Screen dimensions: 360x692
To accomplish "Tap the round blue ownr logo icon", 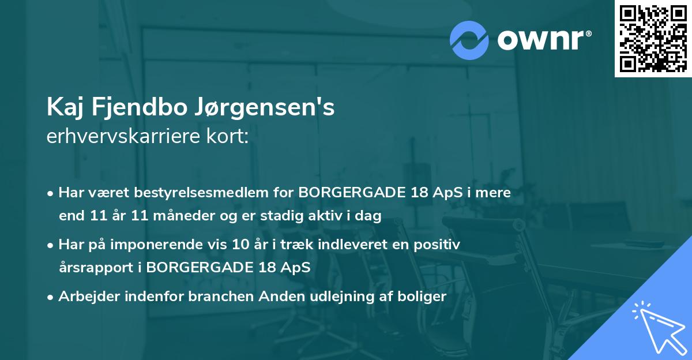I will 469,40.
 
